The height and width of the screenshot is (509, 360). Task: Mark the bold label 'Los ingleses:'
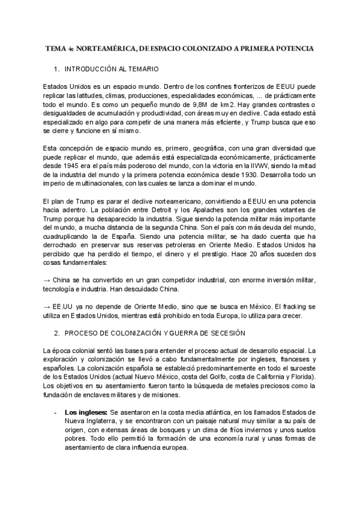(86, 412)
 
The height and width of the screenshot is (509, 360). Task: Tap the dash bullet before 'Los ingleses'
(56, 412)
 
